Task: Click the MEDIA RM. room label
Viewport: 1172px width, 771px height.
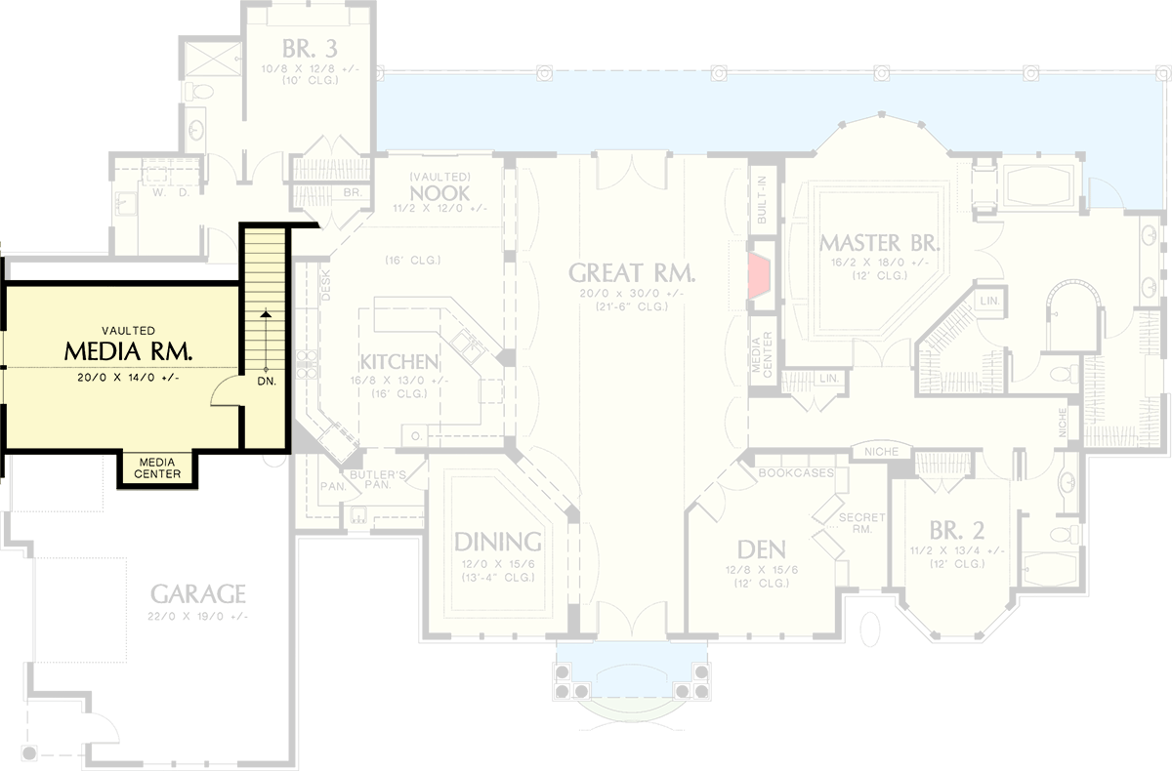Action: click(x=127, y=350)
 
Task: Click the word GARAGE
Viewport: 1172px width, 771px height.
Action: click(x=197, y=593)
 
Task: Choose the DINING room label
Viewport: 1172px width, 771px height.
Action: click(x=496, y=542)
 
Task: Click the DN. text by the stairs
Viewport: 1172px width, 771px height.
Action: click(x=267, y=382)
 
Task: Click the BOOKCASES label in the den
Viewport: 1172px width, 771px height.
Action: click(x=795, y=472)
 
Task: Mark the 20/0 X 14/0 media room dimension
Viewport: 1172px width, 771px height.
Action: click(x=127, y=378)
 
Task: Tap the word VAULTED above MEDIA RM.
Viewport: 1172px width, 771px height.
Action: click(x=127, y=331)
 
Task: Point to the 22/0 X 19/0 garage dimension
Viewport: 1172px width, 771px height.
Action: click(x=199, y=616)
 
